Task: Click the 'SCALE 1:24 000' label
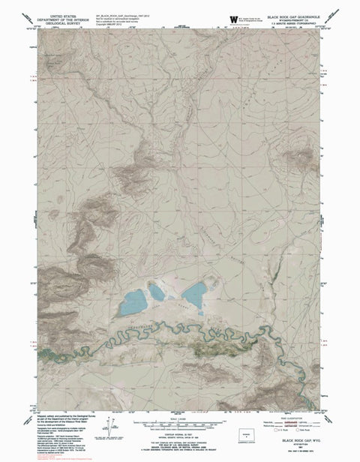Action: [180, 417]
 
